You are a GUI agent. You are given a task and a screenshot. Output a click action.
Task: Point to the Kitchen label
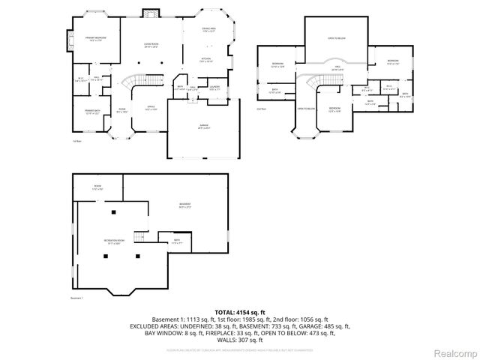click(x=205, y=59)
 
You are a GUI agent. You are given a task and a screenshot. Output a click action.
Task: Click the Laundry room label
click(x=214, y=88)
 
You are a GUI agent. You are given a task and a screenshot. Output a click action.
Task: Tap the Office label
click(x=151, y=108)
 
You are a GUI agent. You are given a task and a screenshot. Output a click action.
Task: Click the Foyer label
click(x=121, y=111)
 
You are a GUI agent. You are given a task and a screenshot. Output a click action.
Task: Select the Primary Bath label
click(x=92, y=112)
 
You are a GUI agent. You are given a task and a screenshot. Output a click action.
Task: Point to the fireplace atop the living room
click(x=151, y=13)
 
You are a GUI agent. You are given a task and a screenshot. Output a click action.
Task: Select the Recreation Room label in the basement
click(x=114, y=241)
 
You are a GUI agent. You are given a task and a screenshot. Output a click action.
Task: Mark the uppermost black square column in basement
click(x=113, y=213)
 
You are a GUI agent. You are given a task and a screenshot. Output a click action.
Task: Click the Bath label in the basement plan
click(x=177, y=241)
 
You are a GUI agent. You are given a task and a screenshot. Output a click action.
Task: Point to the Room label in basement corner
click(x=97, y=187)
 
